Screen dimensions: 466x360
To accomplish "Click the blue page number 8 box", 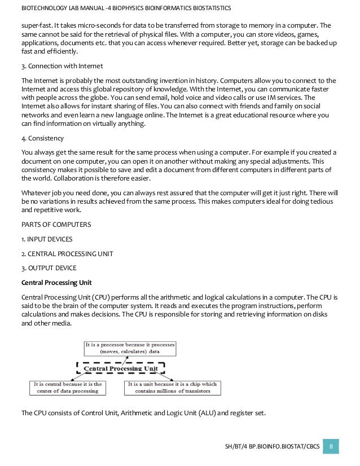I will tap(331, 446).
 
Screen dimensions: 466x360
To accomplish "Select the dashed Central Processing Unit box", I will tap(120, 368).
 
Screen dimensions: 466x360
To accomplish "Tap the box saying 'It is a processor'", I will tap(130, 348).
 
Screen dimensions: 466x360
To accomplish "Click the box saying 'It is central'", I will tap(67, 388).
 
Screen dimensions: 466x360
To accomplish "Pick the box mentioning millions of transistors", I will tap(172, 388).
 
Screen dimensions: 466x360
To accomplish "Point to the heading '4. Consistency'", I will tap(42, 138).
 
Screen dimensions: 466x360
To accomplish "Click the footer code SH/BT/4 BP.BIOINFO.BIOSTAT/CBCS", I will tap(272, 447).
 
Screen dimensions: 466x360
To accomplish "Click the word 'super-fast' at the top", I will tap(36, 25).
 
